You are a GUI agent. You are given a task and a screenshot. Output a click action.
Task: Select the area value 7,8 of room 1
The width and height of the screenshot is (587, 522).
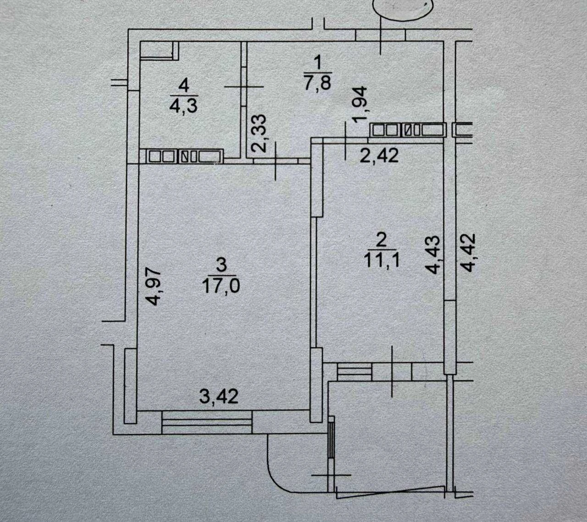pyautogui.click(x=317, y=83)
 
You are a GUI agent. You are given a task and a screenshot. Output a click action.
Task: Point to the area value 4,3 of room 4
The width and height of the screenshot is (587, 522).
pyautogui.click(x=183, y=106)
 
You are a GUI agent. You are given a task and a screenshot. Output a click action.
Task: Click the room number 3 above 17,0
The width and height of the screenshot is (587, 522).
pyautogui.click(x=222, y=265)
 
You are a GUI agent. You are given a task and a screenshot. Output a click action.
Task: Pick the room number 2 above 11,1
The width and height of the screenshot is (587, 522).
pyautogui.click(x=381, y=240)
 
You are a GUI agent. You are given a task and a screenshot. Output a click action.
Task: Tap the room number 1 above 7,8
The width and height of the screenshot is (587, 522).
pyautogui.click(x=318, y=62)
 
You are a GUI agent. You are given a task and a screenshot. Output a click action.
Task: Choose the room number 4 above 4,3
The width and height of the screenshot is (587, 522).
pyautogui.click(x=184, y=86)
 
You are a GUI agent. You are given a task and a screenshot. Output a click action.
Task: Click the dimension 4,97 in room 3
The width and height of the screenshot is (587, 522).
pyautogui.click(x=153, y=287)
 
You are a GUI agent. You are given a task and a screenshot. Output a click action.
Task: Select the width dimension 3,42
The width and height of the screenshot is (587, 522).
pyautogui.click(x=219, y=396)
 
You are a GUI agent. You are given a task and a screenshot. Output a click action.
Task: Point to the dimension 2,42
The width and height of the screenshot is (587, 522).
pyautogui.click(x=379, y=156)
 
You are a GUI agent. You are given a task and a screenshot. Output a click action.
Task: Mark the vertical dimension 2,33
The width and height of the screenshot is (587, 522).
pyautogui.click(x=258, y=133)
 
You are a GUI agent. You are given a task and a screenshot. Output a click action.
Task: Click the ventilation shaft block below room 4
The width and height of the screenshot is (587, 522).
pyautogui.click(x=185, y=157)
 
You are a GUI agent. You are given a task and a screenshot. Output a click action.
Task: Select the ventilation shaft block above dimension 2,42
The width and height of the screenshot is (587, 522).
pyautogui.click(x=407, y=130)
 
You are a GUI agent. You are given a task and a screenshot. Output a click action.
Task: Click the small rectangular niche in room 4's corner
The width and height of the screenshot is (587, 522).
pyautogui.click(x=159, y=50)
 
